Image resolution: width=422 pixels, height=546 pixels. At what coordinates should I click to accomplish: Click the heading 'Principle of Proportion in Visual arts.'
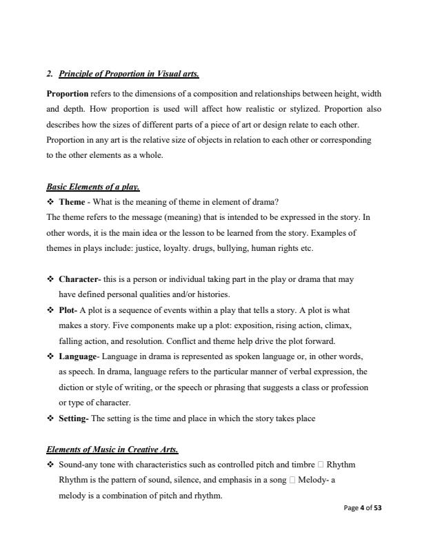(129, 73)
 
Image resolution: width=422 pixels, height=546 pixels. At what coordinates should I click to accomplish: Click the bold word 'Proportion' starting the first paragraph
(67, 93)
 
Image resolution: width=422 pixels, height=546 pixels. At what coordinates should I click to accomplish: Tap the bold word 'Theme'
(72, 202)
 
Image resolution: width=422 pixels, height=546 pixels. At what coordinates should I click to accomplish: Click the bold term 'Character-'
(80, 279)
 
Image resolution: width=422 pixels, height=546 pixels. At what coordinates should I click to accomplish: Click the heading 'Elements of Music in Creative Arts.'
(112, 449)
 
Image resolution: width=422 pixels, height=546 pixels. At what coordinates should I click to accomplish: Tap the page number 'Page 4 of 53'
(362, 508)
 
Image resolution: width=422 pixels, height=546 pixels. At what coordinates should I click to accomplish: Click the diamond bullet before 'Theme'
(50, 202)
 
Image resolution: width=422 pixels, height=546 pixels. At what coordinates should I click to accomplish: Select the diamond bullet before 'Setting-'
(50, 418)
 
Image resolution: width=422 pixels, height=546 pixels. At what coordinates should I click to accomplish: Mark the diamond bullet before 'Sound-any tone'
(50, 465)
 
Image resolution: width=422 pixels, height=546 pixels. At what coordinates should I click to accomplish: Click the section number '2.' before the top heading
(50, 73)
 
